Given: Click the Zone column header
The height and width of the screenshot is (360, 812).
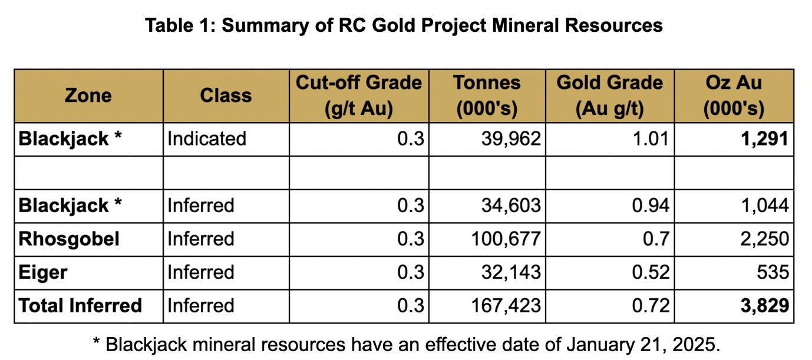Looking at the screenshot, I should [88, 95].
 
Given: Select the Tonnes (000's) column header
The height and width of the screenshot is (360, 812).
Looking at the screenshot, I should [487, 95].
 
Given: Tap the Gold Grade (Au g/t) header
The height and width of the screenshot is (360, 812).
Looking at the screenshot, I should [610, 95].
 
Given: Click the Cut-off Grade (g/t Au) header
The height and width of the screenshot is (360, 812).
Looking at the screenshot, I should [359, 95].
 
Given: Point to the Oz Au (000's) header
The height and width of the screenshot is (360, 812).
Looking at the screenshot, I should [734, 95].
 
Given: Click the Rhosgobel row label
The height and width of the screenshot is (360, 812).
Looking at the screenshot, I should [69, 239].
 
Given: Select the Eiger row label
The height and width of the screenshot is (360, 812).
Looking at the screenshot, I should [43, 272].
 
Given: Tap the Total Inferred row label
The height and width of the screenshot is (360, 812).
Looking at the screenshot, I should [80, 306].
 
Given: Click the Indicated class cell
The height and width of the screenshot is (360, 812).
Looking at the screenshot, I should [207, 139].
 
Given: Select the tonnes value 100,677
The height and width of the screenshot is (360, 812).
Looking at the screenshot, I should [506, 239].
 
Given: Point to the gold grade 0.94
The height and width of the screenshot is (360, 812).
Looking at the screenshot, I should [651, 205].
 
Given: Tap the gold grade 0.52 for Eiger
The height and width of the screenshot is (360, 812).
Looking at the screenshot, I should [651, 272].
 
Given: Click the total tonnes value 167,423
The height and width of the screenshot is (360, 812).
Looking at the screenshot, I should [506, 306].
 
